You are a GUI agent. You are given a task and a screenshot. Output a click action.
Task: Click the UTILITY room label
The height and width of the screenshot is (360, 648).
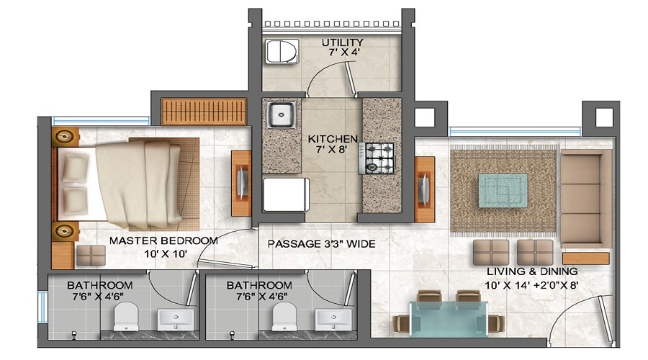(342, 42)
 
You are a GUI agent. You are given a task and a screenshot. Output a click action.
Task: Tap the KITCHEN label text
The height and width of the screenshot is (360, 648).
(333, 138)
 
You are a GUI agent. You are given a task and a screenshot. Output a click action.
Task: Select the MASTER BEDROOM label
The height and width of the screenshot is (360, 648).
(163, 240)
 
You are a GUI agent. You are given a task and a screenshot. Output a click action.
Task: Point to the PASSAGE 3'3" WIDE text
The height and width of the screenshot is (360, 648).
(321, 244)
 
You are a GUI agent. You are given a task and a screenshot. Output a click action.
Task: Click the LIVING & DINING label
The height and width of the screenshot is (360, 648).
(532, 271)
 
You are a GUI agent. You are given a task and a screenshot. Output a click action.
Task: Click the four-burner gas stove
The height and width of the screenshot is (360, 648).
(379, 158)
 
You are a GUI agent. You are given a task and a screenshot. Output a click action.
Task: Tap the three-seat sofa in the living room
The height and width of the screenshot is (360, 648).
(585, 198)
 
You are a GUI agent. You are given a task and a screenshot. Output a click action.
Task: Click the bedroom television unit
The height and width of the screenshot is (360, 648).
(241, 184)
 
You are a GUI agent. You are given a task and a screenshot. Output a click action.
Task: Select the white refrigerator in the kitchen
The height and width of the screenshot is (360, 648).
(285, 195)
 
